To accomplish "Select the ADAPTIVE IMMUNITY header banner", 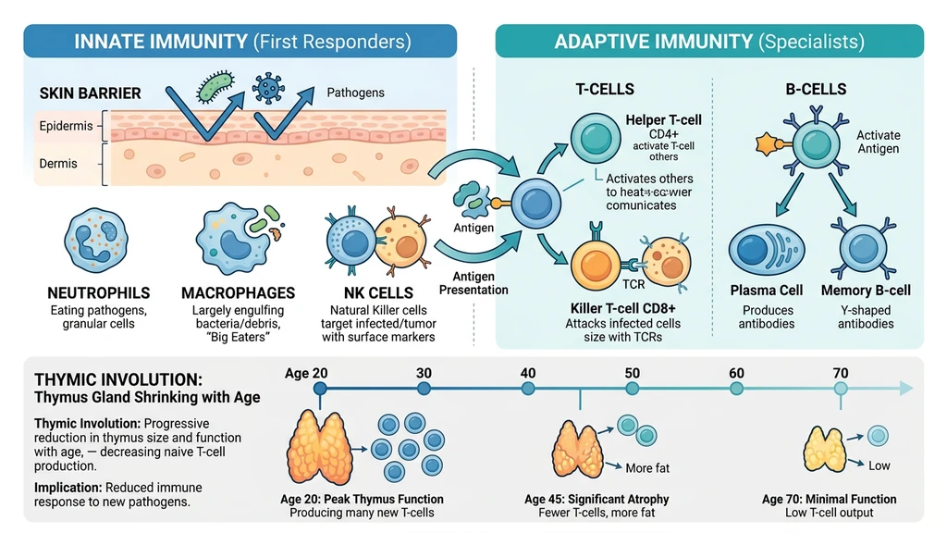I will pyautogui.click(x=708, y=42).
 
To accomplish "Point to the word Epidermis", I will pyautogui.click(x=66, y=126).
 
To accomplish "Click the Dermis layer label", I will pyautogui.click(x=57, y=164).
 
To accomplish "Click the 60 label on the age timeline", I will pyautogui.click(x=736, y=373).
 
